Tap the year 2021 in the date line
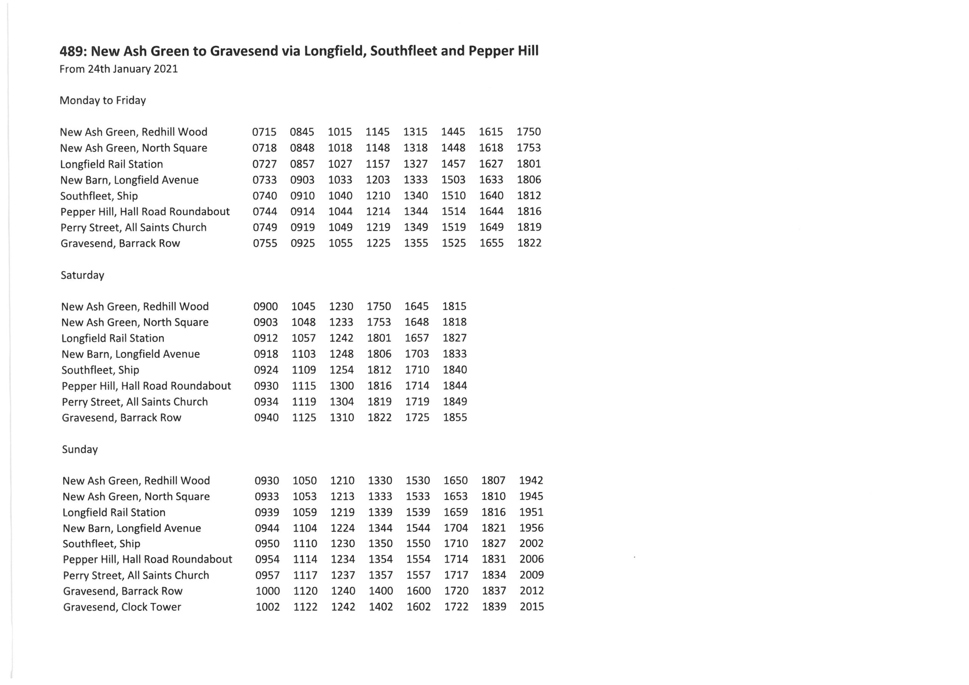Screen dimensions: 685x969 (x=165, y=69)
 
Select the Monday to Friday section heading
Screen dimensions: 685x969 (x=103, y=100)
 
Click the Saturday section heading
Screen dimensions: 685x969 (x=82, y=275)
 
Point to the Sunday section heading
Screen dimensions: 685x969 (x=80, y=450)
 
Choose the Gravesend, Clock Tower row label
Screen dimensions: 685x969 (x=122, y=607)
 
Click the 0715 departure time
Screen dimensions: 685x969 (x=264, y=132)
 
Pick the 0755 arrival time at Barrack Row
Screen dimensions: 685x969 (x=265, y=243)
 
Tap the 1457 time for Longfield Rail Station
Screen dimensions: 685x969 (x=453, y=164)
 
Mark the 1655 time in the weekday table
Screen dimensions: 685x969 (x=491, y=243)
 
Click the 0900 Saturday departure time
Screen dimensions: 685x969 (x=265, y=307)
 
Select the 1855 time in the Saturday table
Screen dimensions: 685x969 (x=455, y=417)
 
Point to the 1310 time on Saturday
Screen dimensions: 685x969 (x=341, y=417)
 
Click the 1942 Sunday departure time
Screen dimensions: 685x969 (x=531, y=480)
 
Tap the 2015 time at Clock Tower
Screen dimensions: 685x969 (x=532, y=607)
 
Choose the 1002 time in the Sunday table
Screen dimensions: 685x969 (x=268, y=607)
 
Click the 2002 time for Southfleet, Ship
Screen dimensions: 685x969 (x=531, y=543)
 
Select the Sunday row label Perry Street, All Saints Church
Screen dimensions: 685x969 (x=136, y=575)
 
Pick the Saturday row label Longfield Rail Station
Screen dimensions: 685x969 (x=113, y=338)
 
